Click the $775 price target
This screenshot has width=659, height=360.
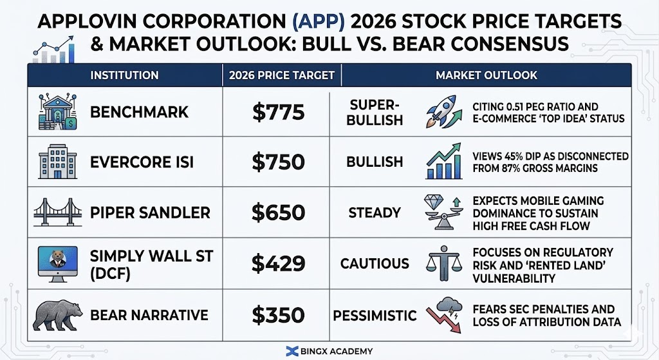[278, 112]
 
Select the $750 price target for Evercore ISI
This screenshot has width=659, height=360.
[278, 162]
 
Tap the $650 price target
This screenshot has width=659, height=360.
[278, 213]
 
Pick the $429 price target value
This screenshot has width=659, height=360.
[278, 263]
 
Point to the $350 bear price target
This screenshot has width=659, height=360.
[278, 314]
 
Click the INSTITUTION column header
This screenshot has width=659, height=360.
[124, 75]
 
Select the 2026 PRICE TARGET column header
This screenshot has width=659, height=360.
[282, 75]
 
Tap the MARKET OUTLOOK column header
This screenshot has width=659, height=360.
[486, 75]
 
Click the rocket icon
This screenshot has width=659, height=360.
[440, 112]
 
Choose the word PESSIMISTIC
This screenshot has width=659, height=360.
[375, 315]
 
